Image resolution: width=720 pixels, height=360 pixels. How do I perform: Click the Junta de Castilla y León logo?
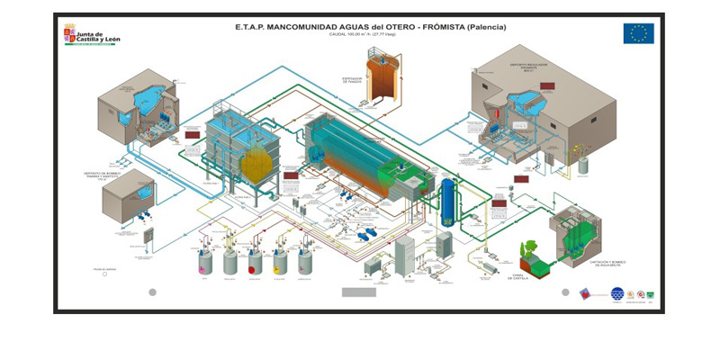pyautogui.click(x=90, y=34)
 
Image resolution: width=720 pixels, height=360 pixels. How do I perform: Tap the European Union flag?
pyautogui.click(x=638, y=33)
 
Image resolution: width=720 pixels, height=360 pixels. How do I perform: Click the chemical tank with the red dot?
pyautogui.click(x=256, y=262)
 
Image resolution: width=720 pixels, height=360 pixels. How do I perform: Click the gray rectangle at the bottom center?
pyautogui.click(x=359, y=292)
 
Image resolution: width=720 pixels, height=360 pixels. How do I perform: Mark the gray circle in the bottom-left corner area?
pyautogui.click(x=152, y=292)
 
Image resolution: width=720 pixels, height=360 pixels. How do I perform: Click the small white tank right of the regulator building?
pyautogui.click(x=582, y=165)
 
